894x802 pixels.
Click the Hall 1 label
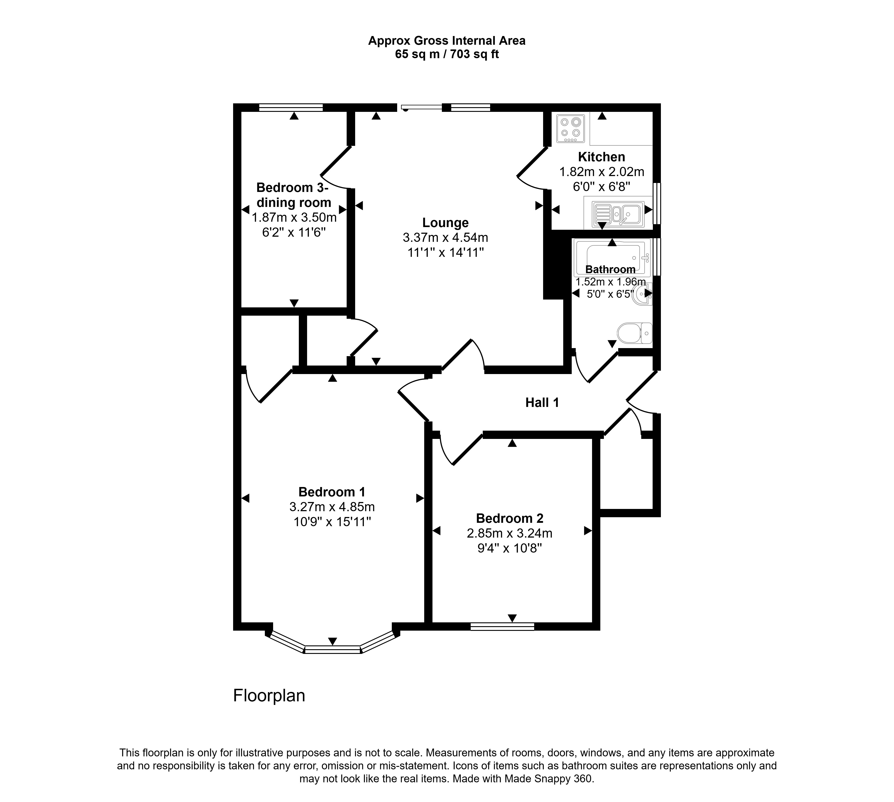click(x=542, y=402)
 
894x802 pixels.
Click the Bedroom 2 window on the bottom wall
click(x=502, y=627)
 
